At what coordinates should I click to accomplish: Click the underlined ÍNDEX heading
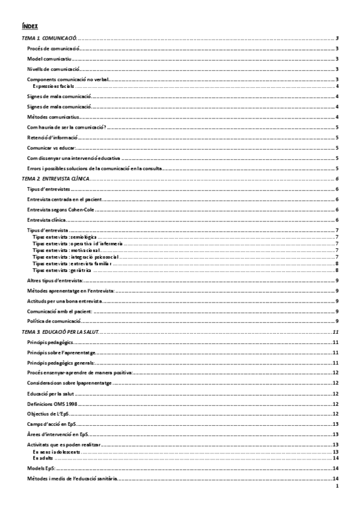pos(29,26)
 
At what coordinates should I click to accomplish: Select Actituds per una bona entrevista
pos(63,301)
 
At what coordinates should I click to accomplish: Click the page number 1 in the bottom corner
pos(338,485)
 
